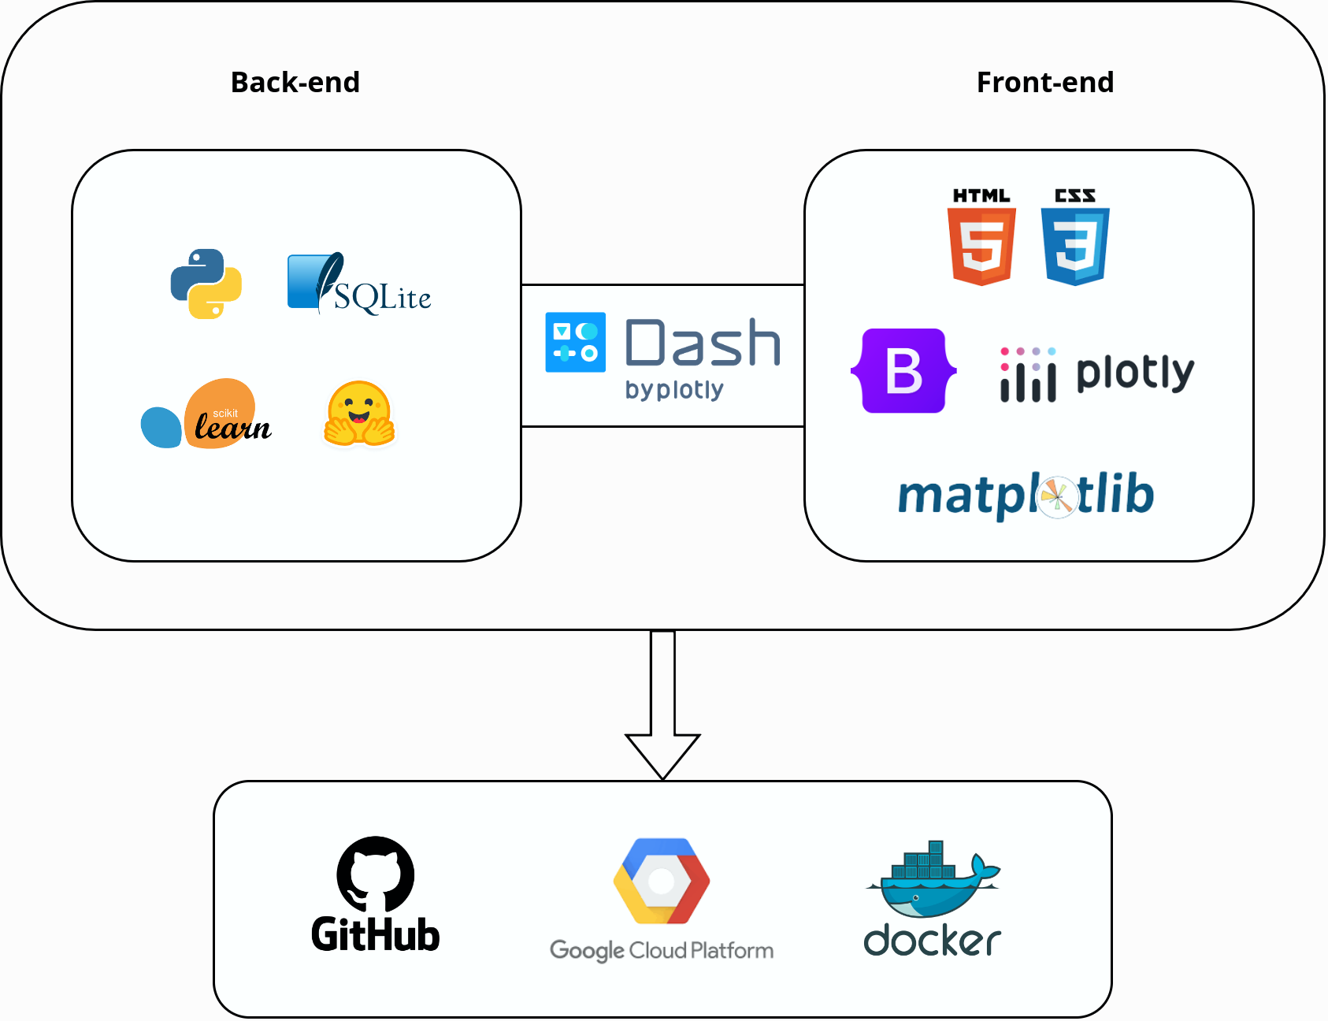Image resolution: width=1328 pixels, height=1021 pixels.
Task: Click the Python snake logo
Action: click(206, 284)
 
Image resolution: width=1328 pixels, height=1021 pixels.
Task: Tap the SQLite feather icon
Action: click(315, 281)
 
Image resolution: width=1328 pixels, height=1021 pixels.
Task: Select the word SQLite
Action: click(383, 299)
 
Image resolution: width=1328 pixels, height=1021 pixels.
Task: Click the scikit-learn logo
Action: click(207, 414)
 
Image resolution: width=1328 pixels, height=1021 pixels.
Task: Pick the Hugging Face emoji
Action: click(359, 414)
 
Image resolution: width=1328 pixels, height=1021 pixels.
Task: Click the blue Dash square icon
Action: click(576, 342)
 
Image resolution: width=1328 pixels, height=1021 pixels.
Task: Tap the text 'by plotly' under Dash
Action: click(674, 390)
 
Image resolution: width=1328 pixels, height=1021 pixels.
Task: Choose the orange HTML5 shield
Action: click(981, 246)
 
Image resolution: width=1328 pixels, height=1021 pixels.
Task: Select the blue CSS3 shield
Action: click(1075, 246)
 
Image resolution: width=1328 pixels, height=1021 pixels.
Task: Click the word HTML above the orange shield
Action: click(981, 195)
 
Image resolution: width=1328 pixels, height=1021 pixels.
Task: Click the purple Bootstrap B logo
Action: click(903, 370)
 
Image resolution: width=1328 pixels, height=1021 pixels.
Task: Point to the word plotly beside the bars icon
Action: click(1135, 373)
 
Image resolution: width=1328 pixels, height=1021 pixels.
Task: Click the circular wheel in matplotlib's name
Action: click(1056, 496)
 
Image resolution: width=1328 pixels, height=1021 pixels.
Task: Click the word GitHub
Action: click(376, 935)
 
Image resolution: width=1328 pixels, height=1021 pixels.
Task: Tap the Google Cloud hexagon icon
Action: click(662, 881)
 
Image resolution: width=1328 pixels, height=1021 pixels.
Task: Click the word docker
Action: click(933, 941)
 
